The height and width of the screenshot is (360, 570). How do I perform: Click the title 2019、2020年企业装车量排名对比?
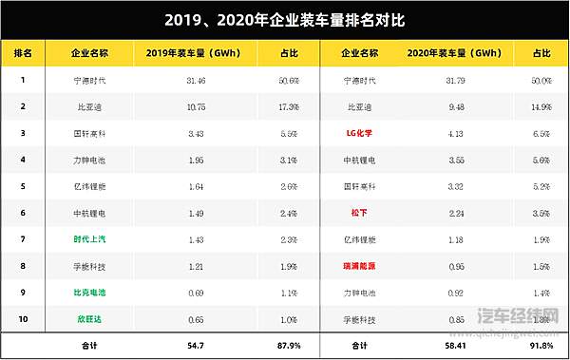(x=285, y=19)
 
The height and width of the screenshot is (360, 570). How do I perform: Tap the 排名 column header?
(x=23, y=54)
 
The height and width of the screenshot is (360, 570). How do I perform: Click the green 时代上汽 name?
(x=88, y=239)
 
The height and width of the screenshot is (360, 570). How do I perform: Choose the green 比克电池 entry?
(x=88, y=293)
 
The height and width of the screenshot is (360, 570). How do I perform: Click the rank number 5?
(x=22, y=186)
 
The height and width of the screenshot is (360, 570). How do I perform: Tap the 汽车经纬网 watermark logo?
(x=519, y=316)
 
